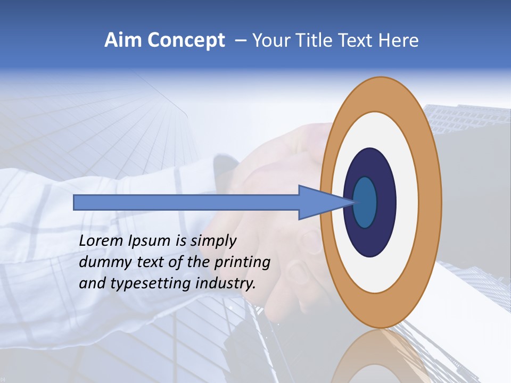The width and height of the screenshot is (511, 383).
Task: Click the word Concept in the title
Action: (187, 40)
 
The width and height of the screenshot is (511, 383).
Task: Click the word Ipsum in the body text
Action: (149, 241)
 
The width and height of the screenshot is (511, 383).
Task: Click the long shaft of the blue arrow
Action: (186, 202)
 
